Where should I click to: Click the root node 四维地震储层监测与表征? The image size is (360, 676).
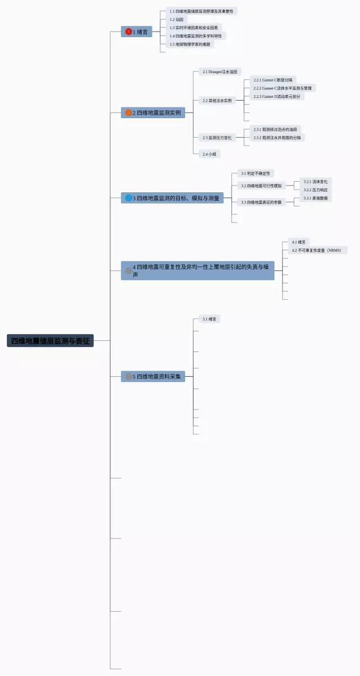(50, 341)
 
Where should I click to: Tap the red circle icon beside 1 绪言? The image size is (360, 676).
(129, 32)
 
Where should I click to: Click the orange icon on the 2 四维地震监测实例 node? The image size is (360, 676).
(129, 113)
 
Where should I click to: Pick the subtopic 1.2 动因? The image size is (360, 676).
(177, 20)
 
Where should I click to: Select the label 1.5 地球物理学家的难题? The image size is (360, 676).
(189, 44)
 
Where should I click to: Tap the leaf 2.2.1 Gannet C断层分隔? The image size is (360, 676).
(273, 80)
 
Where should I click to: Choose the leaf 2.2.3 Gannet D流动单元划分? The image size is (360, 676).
(278, 97)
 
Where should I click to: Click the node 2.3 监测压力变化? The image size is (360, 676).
(217, 138)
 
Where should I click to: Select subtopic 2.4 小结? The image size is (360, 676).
(209, 154)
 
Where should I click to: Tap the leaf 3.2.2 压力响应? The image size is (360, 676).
(315, 190)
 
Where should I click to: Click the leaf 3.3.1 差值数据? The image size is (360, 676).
(315, 198)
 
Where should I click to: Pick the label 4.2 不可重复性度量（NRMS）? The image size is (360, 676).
(316, 250)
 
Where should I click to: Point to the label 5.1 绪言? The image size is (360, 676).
(211, 319)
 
